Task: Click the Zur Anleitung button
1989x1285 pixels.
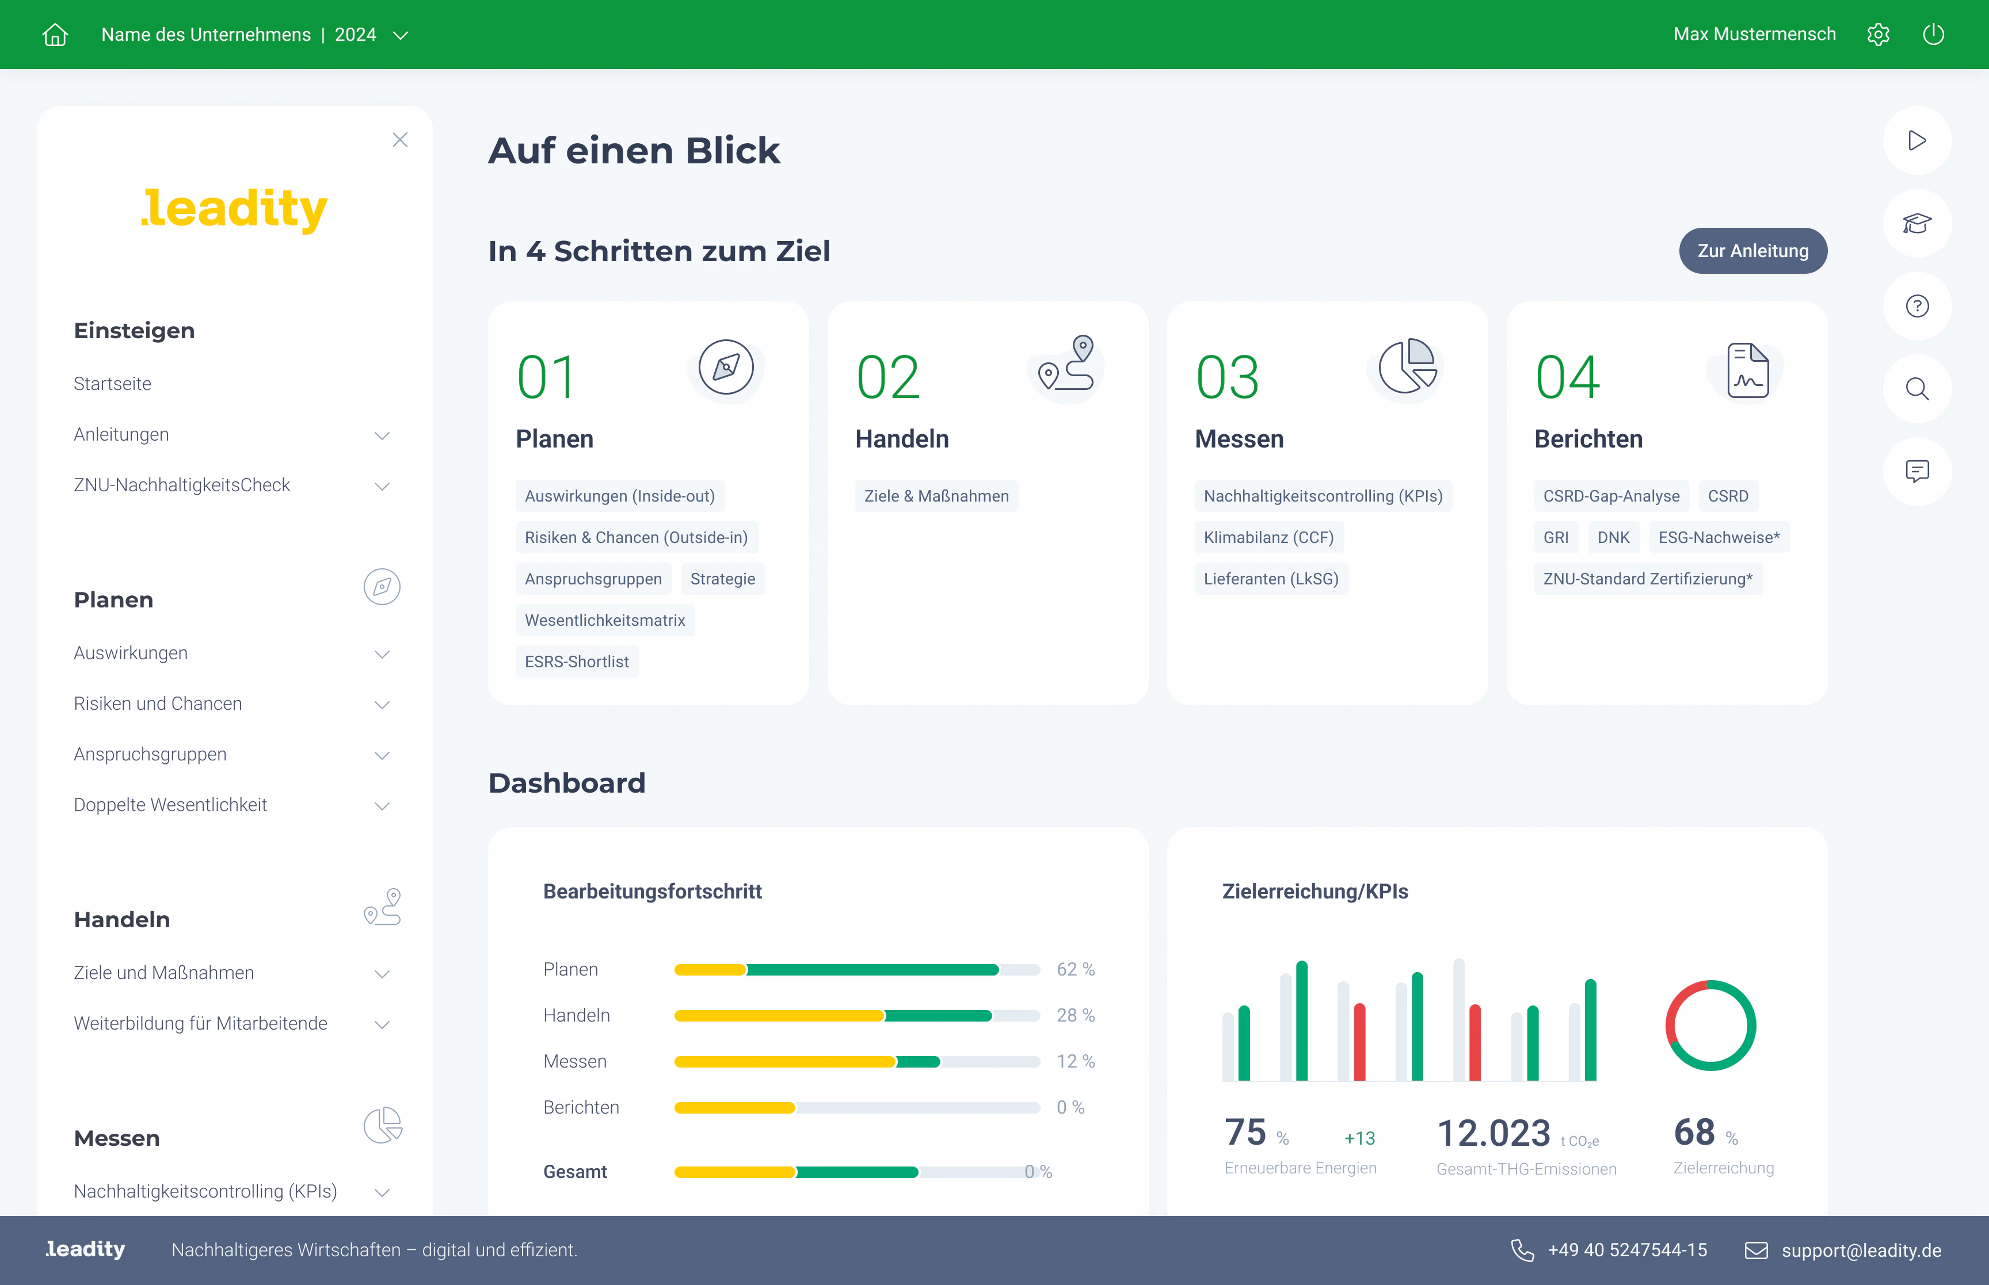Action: (x=1752, y=250)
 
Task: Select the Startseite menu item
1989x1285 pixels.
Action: (x=113, y=384)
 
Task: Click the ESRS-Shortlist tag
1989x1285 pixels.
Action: (x=577, y=661)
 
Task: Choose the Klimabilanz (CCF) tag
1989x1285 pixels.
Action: (x=1268, y=537)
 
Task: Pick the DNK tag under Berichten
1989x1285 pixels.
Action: (x=1613, y=537)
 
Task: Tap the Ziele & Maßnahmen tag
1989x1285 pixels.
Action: (x=936, y=496)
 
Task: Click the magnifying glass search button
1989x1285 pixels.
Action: (x=1916, y=389)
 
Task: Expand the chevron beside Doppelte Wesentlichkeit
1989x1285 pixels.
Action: (x=382, y=806)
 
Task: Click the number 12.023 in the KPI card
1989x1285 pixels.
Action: (x=1493, y=1133)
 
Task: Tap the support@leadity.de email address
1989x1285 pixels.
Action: (x=1861, y=1250)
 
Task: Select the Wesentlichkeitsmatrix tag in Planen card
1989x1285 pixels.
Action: (x=604, y=620)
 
